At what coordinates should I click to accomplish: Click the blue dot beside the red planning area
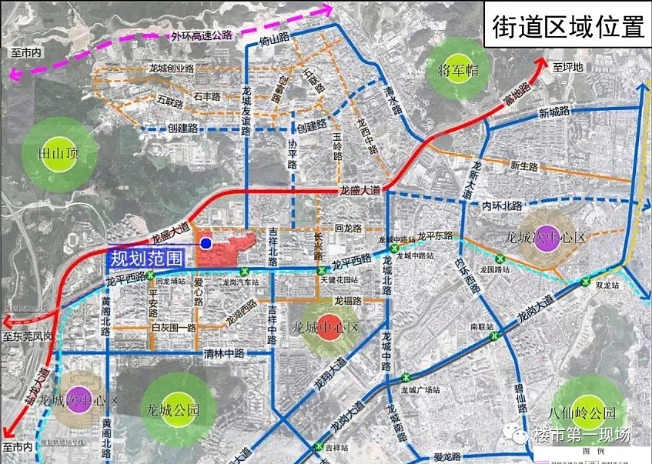[x=206, y=243]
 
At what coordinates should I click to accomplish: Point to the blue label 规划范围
[x=145, y=259]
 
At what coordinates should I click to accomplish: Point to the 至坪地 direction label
[x=569, y=68]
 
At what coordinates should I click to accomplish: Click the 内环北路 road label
[x=502, y=206]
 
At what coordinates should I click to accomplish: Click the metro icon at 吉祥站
[x=319, y=446]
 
